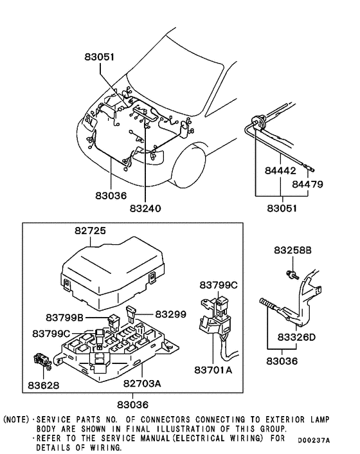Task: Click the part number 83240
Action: click(145, 208)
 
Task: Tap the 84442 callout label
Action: click(280, 170)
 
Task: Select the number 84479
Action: click(307, 184)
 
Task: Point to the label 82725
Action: click(90, 231)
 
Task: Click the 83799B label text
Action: click(64, 318)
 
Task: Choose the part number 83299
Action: click(171, 314)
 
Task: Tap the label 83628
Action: click(44, 385)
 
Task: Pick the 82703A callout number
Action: click(142, 383)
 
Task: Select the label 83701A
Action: click(213, 370)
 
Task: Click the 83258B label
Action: click(293, 250)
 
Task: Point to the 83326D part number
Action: click(296, 338)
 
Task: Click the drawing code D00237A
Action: click(314, 440)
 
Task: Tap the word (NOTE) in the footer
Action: click(16, 419)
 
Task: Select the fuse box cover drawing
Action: click(113, 273)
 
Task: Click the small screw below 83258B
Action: click(292, 275)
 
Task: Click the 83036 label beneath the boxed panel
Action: click(133, 404)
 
